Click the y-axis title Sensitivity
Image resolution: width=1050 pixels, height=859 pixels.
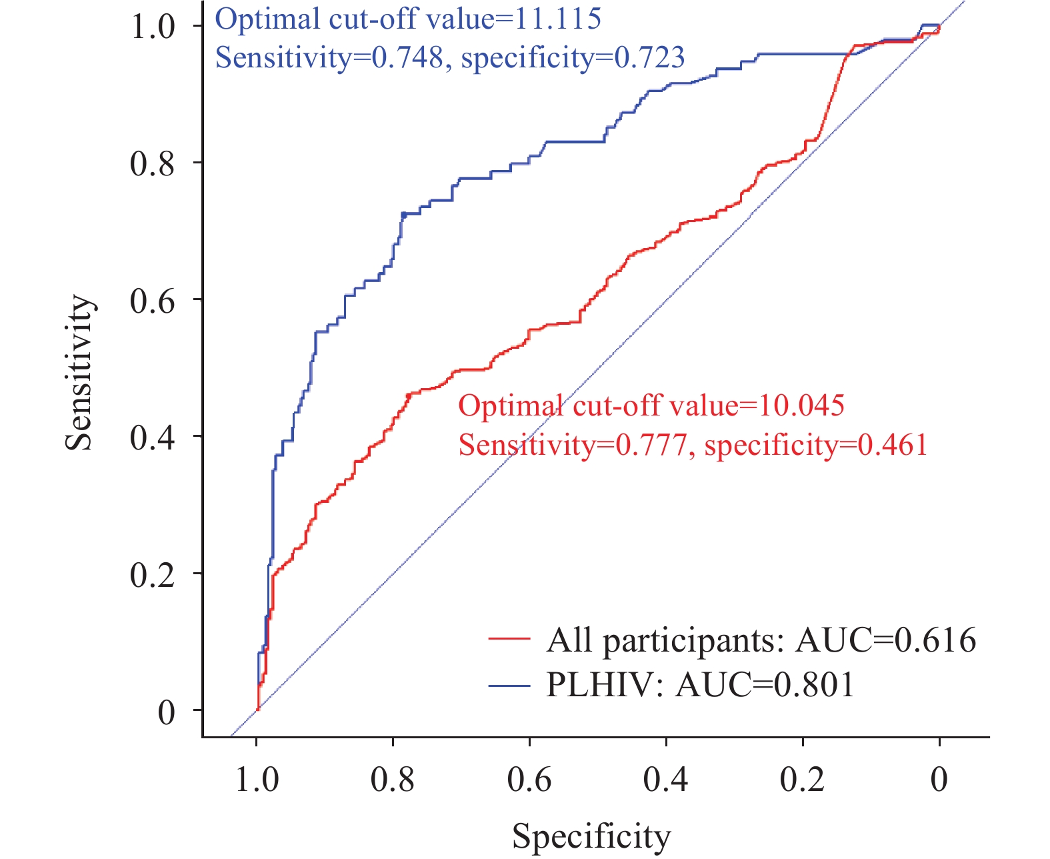click(79, 373)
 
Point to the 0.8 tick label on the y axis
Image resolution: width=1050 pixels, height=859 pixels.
click(153, 163)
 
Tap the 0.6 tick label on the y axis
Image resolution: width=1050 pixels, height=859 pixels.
click(153, 300)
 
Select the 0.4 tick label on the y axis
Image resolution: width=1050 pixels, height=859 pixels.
click(153, 438)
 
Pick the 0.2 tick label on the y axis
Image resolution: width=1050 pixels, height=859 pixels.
click(153, 574)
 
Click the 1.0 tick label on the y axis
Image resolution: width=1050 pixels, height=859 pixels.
click(153, 27)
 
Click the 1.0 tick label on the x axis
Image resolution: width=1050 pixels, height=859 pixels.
click(257, 779)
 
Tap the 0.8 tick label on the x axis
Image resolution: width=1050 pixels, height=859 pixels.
click(393, 779)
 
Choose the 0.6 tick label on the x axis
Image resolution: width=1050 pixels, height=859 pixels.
click(530, 779)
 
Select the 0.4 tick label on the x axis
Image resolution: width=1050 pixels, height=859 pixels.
click(666, 779)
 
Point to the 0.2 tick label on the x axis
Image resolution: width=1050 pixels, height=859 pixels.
click(803, 779)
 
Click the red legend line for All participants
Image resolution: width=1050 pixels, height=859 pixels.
click(509, 639)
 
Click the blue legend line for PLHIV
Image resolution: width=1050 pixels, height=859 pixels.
click(509, 684)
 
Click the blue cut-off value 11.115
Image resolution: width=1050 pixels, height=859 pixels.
click(557, 19)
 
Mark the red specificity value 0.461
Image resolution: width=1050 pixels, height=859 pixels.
click(893, 445)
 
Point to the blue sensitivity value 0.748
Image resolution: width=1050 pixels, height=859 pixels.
click(407, 58)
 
